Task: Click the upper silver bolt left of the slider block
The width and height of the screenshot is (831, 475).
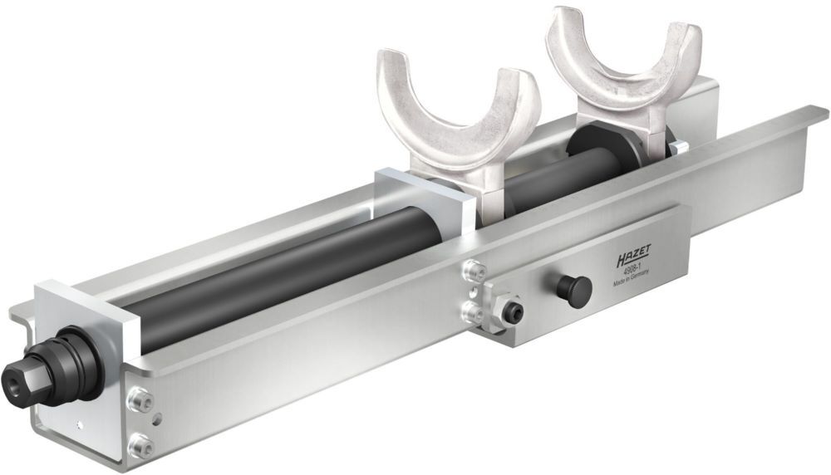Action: click(x=475, y=270)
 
